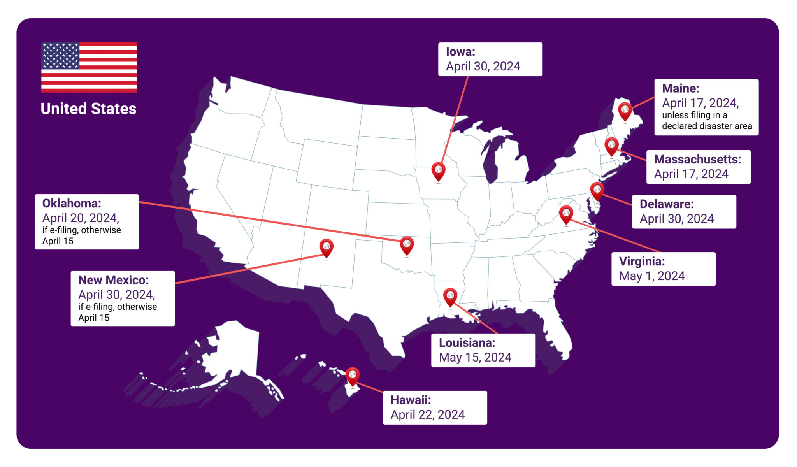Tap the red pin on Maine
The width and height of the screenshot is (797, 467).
[625, 111]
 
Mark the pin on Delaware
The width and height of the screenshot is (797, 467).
[597, 190]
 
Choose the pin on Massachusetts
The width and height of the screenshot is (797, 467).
[611, 146]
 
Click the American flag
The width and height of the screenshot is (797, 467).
[89, 67]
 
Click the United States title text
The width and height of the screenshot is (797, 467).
[88, 109]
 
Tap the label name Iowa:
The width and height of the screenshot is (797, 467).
[460, 52]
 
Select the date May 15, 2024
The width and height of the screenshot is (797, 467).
[475, 357]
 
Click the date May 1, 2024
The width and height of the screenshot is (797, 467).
[652, 276]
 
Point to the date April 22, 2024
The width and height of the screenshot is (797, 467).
[428, 414]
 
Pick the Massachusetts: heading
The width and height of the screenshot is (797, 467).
[697, 159]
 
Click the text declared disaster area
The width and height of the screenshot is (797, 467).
[707, 126]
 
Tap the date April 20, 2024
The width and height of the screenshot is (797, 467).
[81, 218]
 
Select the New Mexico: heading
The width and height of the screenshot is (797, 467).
[113, 280]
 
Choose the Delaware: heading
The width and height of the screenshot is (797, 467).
[667, 204]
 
